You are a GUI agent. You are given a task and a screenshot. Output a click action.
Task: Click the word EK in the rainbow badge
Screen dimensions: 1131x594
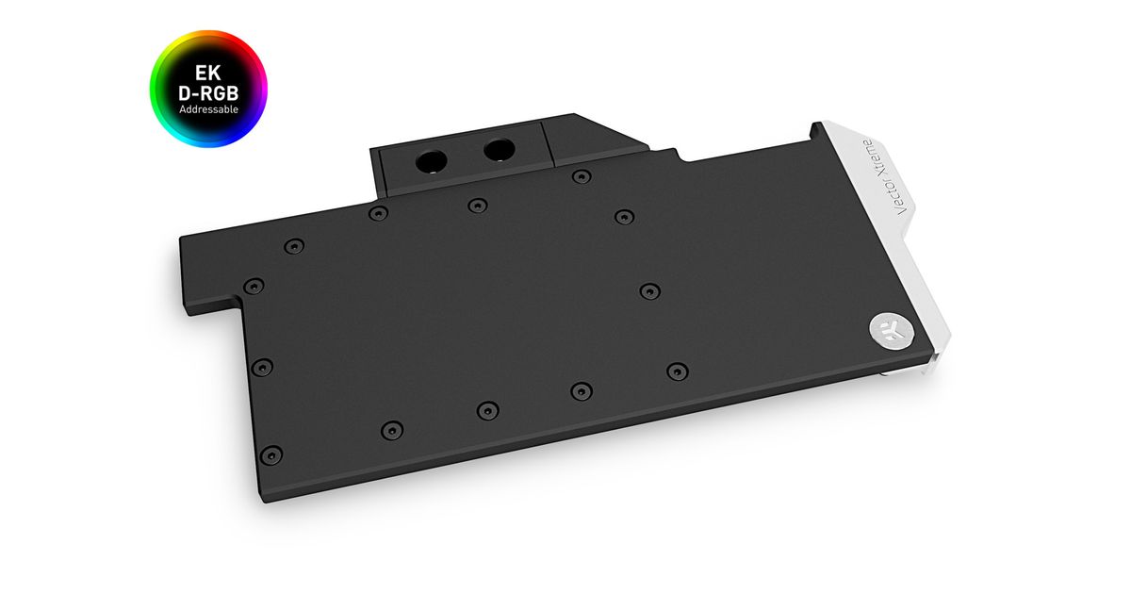(208, 74)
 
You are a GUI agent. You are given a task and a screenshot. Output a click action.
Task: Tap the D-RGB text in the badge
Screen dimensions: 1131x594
(208, 93)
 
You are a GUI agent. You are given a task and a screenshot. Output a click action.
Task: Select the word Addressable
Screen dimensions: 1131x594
(208, 109)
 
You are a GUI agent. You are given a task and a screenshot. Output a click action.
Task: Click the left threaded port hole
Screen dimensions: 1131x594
(432, 161)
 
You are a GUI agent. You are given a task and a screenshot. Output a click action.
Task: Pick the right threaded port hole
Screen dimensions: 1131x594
(500, 150)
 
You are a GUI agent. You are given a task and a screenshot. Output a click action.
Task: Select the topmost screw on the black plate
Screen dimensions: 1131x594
(582, 177)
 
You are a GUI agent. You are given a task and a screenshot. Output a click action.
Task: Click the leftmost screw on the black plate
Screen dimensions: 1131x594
(254, 287)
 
